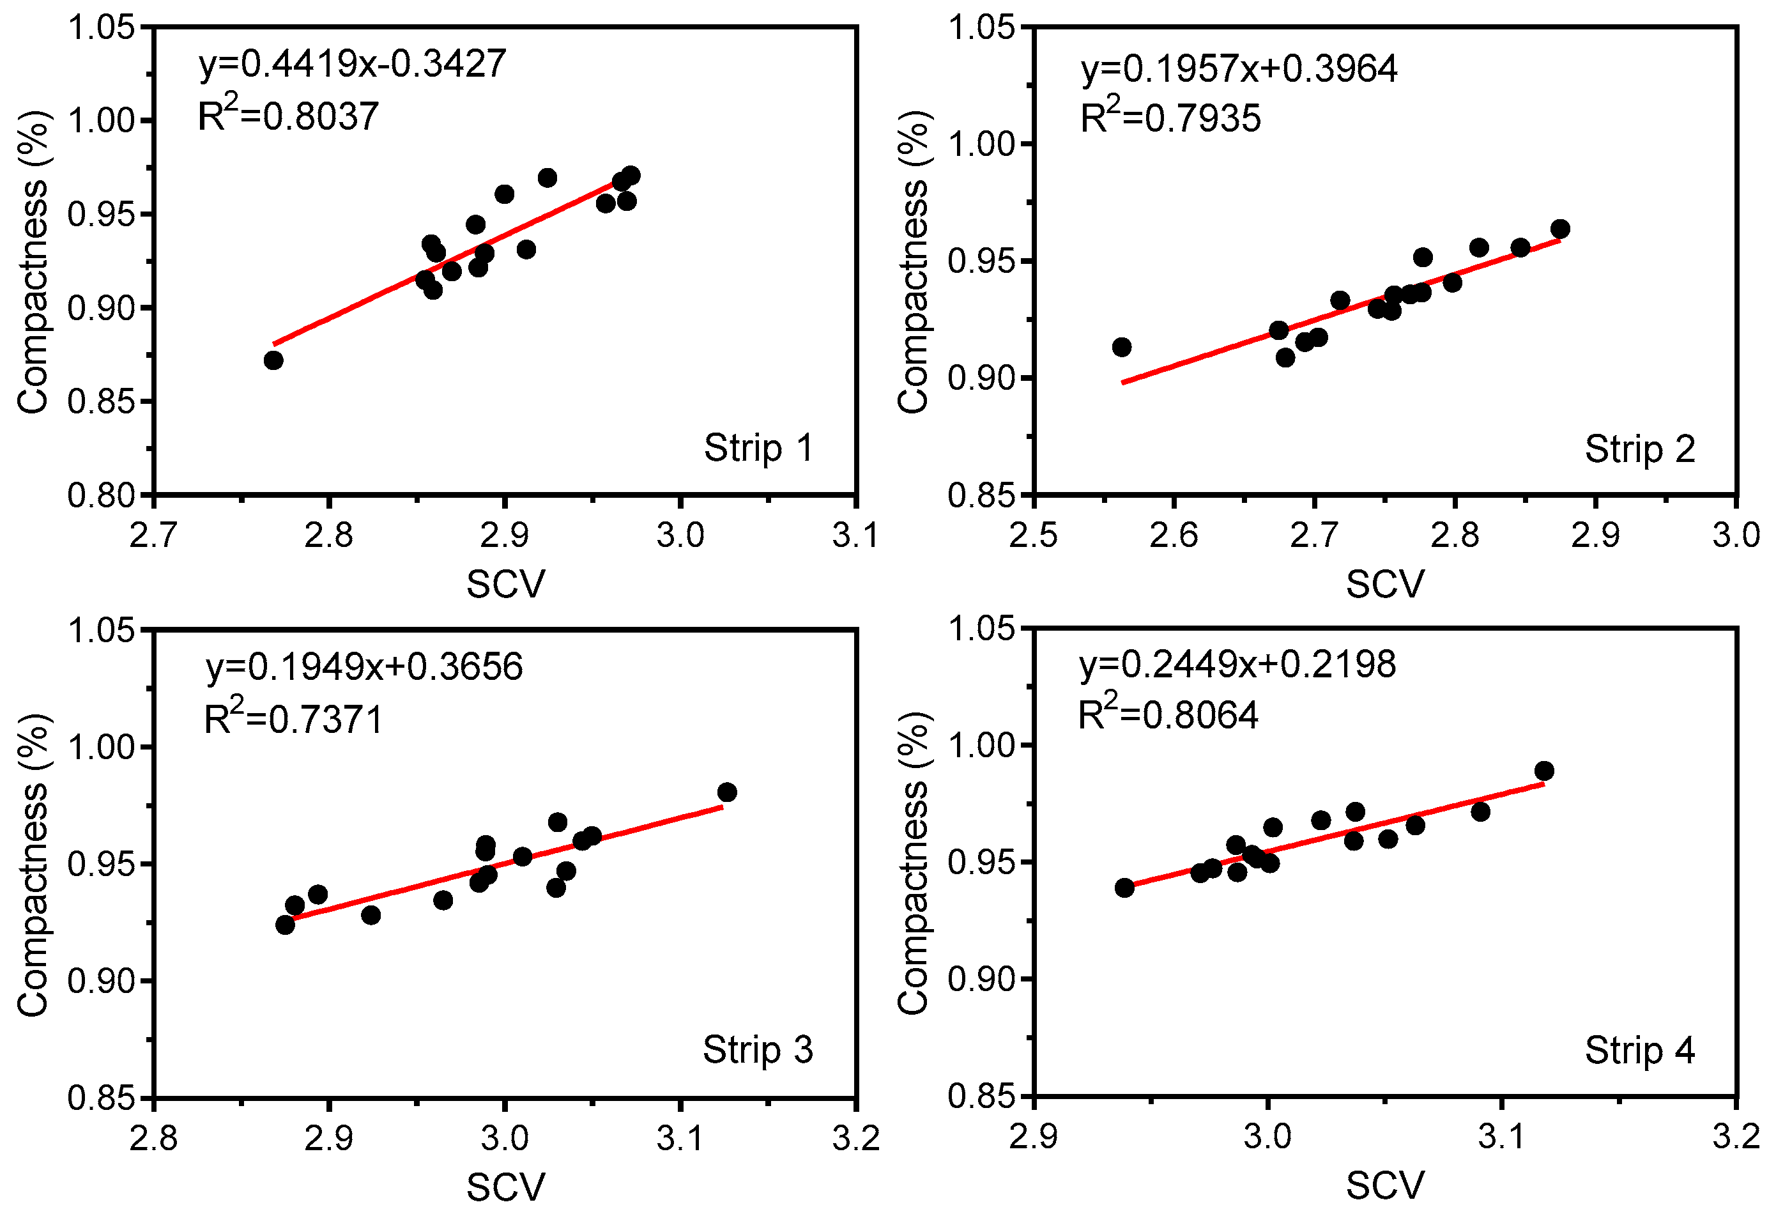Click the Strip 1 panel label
758,448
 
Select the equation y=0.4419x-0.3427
352,64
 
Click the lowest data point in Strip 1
273,360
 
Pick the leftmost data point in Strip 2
1121,347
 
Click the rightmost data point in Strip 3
727,792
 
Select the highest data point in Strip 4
1543,771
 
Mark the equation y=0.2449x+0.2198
1237,663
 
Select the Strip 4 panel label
1639,1050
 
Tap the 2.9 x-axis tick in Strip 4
1033,1137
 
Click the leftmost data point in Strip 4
1124,888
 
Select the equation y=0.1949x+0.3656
364,666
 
